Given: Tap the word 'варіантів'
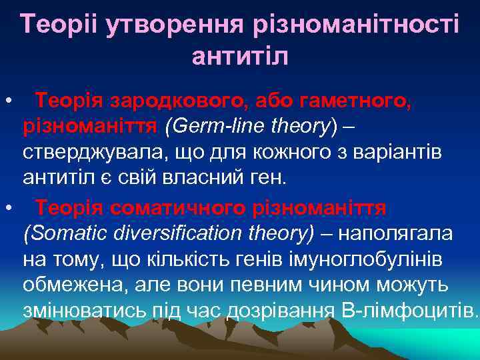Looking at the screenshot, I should click(412, 153).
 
